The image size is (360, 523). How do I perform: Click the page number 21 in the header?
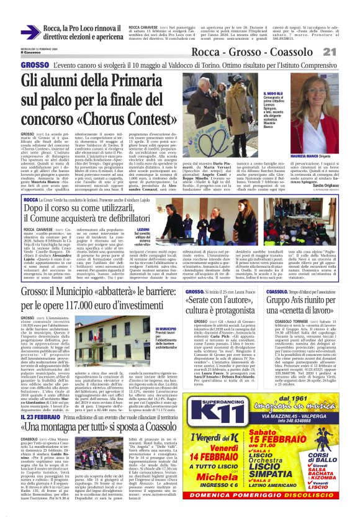pyautogui.click(x=346, y=51)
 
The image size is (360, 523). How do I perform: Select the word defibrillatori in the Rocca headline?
pyautogui.click(x=139, y=222)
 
